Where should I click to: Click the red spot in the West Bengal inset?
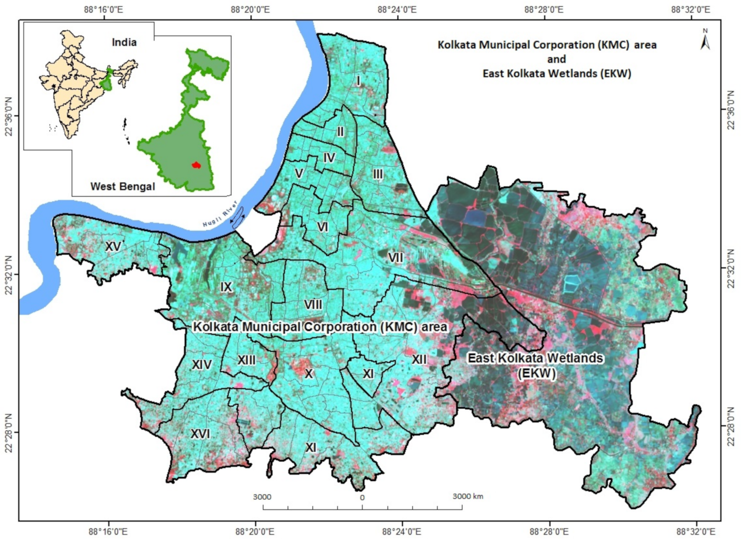pyautogui.click(x=196, y=165)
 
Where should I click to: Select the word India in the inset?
pyautogui.click(x=124, y=42)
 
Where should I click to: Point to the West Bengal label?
pyautogui.click(x=122, y=187)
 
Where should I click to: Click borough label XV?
pyautogui.click(x=113, y=247)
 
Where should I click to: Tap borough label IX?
pyautogui.click(x=226, y=287)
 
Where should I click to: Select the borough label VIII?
pyautogui.click(x=313, y=305)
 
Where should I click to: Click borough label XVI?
pyautogui.click(x=200, y=434)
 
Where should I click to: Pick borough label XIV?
pyautogui.click(x=202, y=365)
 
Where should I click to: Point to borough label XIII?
pyautogui.click(x=247, y=360)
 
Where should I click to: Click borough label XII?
pyautogui.click(x=419, y=359)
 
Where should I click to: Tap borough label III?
pyautogui.click(x=378, y=174)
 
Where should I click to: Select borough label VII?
pyautogui.click(x=395, y=257)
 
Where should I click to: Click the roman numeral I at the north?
pyautogui.click(x=358, y=81)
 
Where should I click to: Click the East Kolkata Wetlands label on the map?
pyautogui.click(x=535, y=365)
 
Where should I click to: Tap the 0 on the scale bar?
pyautogui.click(x=362, y=498)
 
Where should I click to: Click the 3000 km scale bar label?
pyautogui.click(x=468, y=497)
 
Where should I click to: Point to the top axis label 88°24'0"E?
pyautogui.click(x=397, y=10)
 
